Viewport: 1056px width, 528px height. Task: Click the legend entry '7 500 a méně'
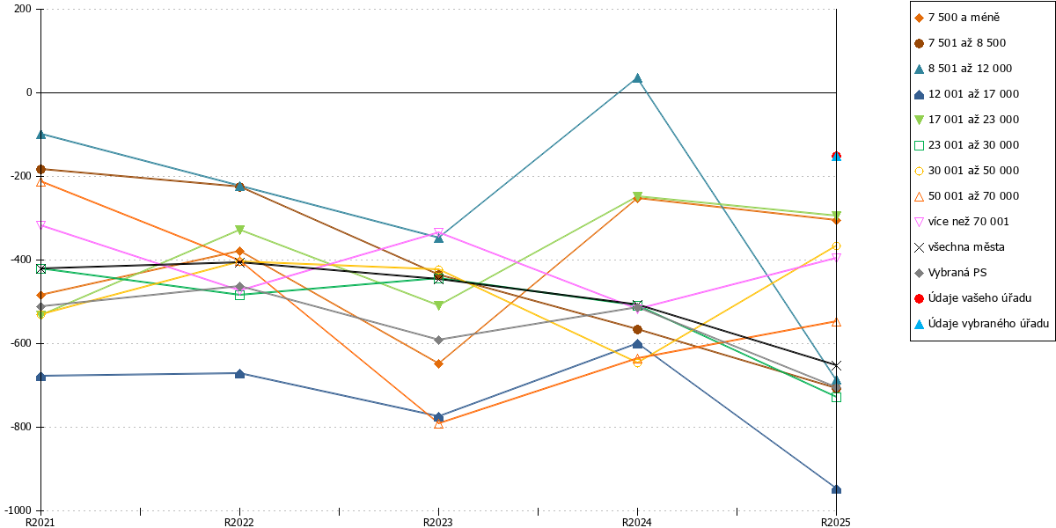tap(964, 18)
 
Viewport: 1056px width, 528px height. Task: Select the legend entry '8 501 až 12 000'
tap(970, 69)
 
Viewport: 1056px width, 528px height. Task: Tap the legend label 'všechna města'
tap(966, 247)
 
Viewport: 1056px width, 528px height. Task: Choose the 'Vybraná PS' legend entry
tap(957, 273)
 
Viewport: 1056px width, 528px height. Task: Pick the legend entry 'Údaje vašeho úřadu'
tap(979, 298)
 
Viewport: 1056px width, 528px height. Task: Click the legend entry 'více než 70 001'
tap(968, 222)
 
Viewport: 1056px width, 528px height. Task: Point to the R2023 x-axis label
tap(438, 523)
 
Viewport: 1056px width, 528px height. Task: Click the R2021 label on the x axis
tap(40, 523)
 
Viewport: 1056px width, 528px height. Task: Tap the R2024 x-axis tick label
tap(637, 523)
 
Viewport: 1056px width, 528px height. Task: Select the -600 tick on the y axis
tap(21, 343)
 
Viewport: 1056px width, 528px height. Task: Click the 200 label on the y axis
tap(23, 9)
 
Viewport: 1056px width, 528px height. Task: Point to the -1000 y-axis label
tap(18, 510)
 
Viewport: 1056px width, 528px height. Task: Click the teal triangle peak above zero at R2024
tap(637, 77)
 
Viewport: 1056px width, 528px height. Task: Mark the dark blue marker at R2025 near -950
tap(836, 489)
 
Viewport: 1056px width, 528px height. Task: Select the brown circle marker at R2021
tap(41, 169)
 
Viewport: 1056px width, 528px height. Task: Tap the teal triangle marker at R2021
tap(41, 135)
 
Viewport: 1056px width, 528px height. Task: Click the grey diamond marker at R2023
tap(438, 340)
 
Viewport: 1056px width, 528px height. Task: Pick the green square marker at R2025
tap(836, 398)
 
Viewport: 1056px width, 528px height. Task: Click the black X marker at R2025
tap(836, 365)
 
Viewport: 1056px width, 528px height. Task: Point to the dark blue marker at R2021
tap(41, 377)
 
